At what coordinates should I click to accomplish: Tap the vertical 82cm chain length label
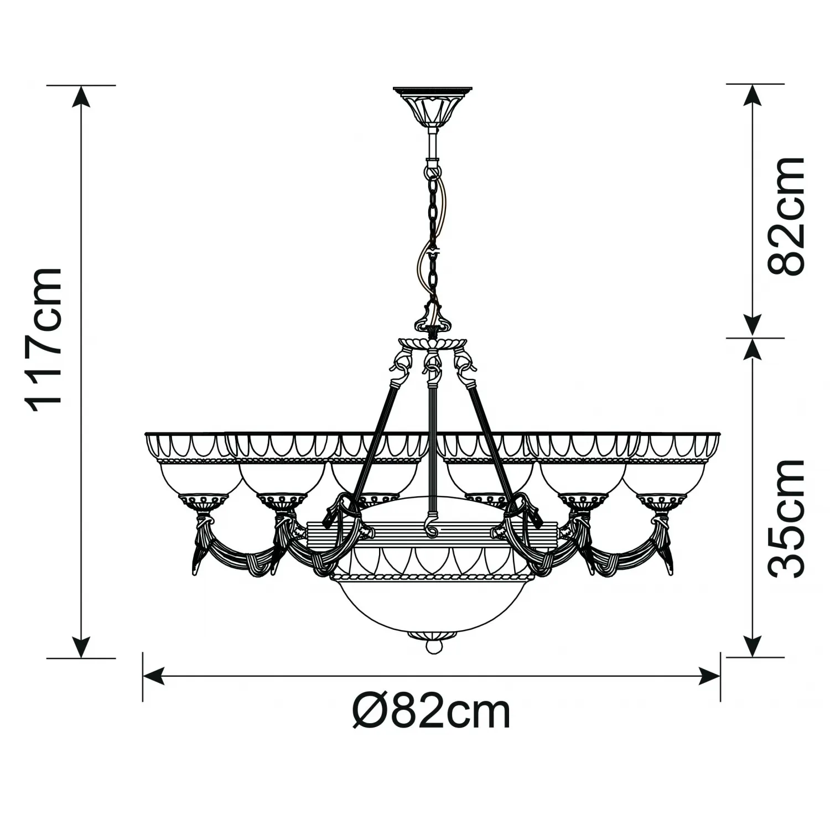click(786, 216)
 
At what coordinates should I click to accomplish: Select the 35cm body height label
click(786, 518)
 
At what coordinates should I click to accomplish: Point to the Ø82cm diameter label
click(432, 713)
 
